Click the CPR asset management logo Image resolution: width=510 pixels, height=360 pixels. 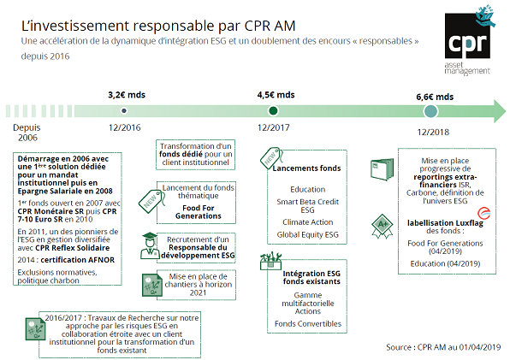point(470,40)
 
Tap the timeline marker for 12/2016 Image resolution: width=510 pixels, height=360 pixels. point(124,111)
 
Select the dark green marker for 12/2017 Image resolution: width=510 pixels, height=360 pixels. point(273,111)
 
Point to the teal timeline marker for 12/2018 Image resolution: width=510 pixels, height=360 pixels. point(431,111)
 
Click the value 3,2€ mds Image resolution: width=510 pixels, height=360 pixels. point(127,95)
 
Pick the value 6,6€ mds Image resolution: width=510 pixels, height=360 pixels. point(435,97)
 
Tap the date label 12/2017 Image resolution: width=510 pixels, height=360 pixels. point(274,127)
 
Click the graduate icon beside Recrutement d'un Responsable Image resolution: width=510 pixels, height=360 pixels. point(150,245)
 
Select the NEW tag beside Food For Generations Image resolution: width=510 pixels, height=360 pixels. point(151,201)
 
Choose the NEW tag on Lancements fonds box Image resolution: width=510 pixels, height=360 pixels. point(271,158)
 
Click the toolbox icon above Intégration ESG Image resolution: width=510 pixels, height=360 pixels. point(270,261)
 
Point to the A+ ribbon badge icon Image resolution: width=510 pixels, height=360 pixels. point(382,226)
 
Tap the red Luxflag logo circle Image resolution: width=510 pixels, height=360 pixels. point(484,214)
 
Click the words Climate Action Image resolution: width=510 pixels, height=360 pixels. point(308,222)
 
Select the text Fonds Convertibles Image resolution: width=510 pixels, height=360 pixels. point(308,324)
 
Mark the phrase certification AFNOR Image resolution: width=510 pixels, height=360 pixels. point(78,260)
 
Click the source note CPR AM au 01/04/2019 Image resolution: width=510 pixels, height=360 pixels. point(459,347)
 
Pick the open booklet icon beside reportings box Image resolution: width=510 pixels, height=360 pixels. point(382,169)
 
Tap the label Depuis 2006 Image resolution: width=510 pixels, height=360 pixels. point(27,133)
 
